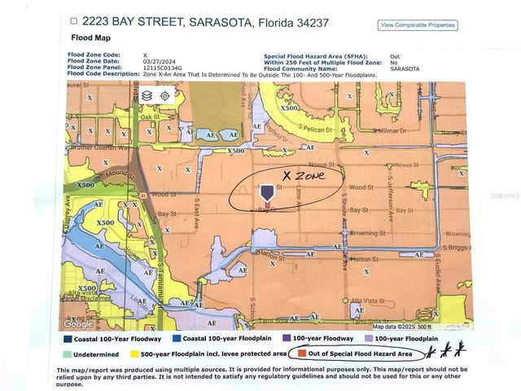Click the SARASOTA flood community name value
coord(404,68)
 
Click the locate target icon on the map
coord(164,95)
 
